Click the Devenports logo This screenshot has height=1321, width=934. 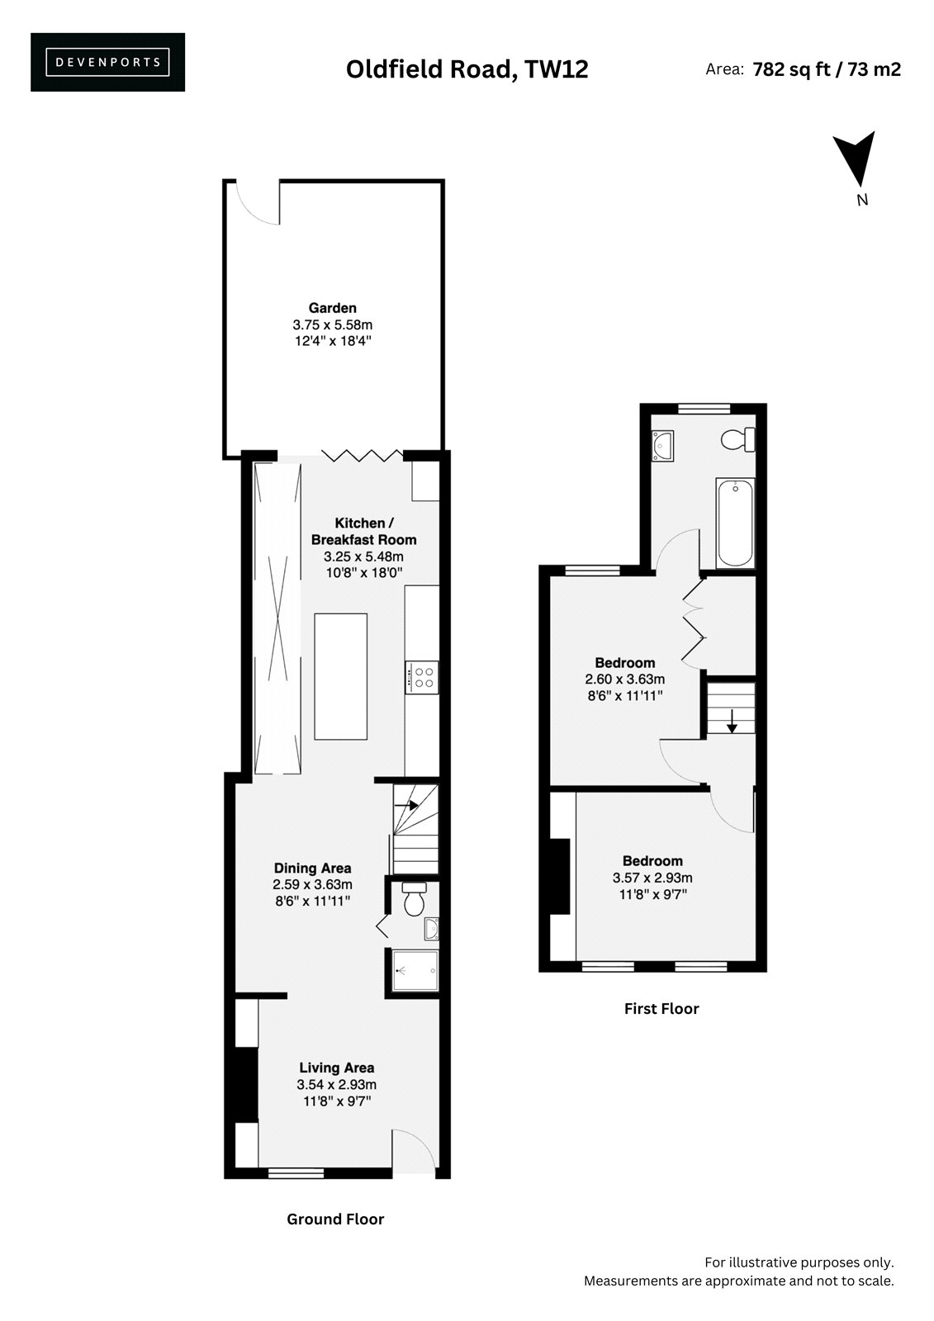[x=107, y=62]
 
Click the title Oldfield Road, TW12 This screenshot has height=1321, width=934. [x=467, y=69]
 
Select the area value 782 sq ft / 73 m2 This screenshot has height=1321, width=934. [x=827, y=69]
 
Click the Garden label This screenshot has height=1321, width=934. [x=332, y=307]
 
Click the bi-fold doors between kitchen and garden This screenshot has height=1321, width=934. [x=362, y=455]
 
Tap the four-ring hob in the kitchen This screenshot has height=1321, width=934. [x=422, y=677]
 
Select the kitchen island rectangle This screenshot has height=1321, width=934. [x=340, y=676]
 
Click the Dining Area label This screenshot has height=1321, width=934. [x=312, y=868]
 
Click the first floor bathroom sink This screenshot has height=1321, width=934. [x=662, y=445]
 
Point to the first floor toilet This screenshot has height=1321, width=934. [x=738, y=439]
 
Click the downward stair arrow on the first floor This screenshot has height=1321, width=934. [x=732, y=721]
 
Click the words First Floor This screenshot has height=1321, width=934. [x=661, y=1008]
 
